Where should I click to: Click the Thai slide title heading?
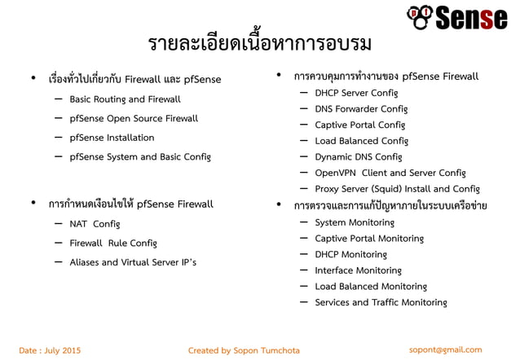point(260,44)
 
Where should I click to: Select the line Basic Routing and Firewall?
point(125,99)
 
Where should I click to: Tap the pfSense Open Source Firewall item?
point(134,119)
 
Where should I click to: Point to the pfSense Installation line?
point(112,138)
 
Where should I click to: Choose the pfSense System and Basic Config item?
point(140,156)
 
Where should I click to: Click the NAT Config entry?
point(95,223)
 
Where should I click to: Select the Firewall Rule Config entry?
point(113,243)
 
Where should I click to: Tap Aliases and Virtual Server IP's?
point(133,262)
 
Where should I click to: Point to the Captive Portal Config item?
point(359,125)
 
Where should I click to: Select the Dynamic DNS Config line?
point(359,156)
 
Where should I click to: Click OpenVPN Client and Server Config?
point(390,173)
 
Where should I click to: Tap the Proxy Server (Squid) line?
point(397,189)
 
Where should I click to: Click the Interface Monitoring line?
point(358,270)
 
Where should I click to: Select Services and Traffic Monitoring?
point(381,303)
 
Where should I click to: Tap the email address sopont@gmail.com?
point(445,349)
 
